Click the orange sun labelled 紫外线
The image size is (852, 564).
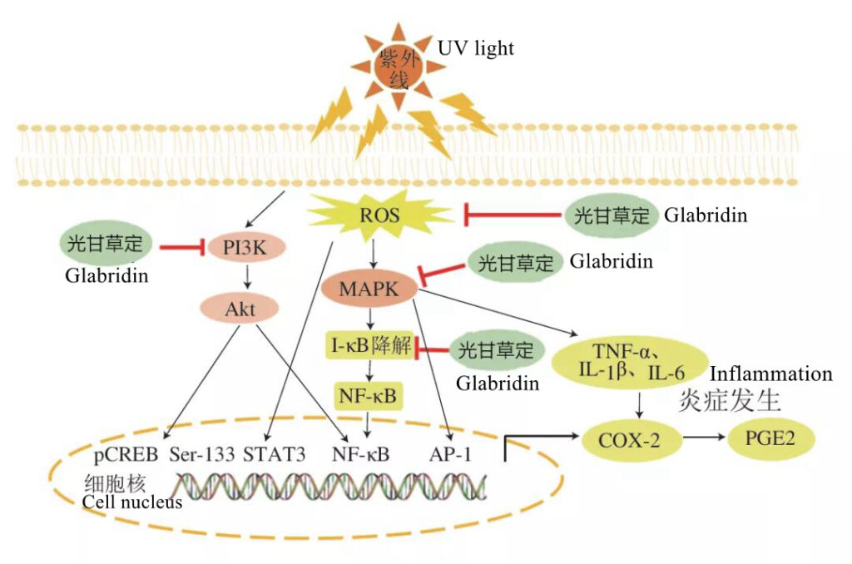point(399,67)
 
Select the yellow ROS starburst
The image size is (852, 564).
point(380,215)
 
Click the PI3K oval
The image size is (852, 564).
point(245,248)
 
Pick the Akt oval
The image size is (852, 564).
point(240,309)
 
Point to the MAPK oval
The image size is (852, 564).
point(369,289)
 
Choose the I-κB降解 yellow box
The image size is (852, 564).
point(370,344)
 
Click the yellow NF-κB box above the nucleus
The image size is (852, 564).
point(368,395)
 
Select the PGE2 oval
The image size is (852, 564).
point(770,438)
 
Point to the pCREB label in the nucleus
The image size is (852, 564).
point(126,454)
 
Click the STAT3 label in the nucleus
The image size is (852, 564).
point(275,454)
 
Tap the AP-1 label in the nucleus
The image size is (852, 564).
point(450,454)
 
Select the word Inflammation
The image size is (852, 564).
point(771,374)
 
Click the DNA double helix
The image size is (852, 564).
point(329,487)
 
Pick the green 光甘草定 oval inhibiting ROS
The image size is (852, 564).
point(612,215)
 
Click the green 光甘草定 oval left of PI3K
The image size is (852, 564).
point(105,243)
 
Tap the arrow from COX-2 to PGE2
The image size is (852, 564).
point(704,437)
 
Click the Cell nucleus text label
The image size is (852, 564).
point(132,502)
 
